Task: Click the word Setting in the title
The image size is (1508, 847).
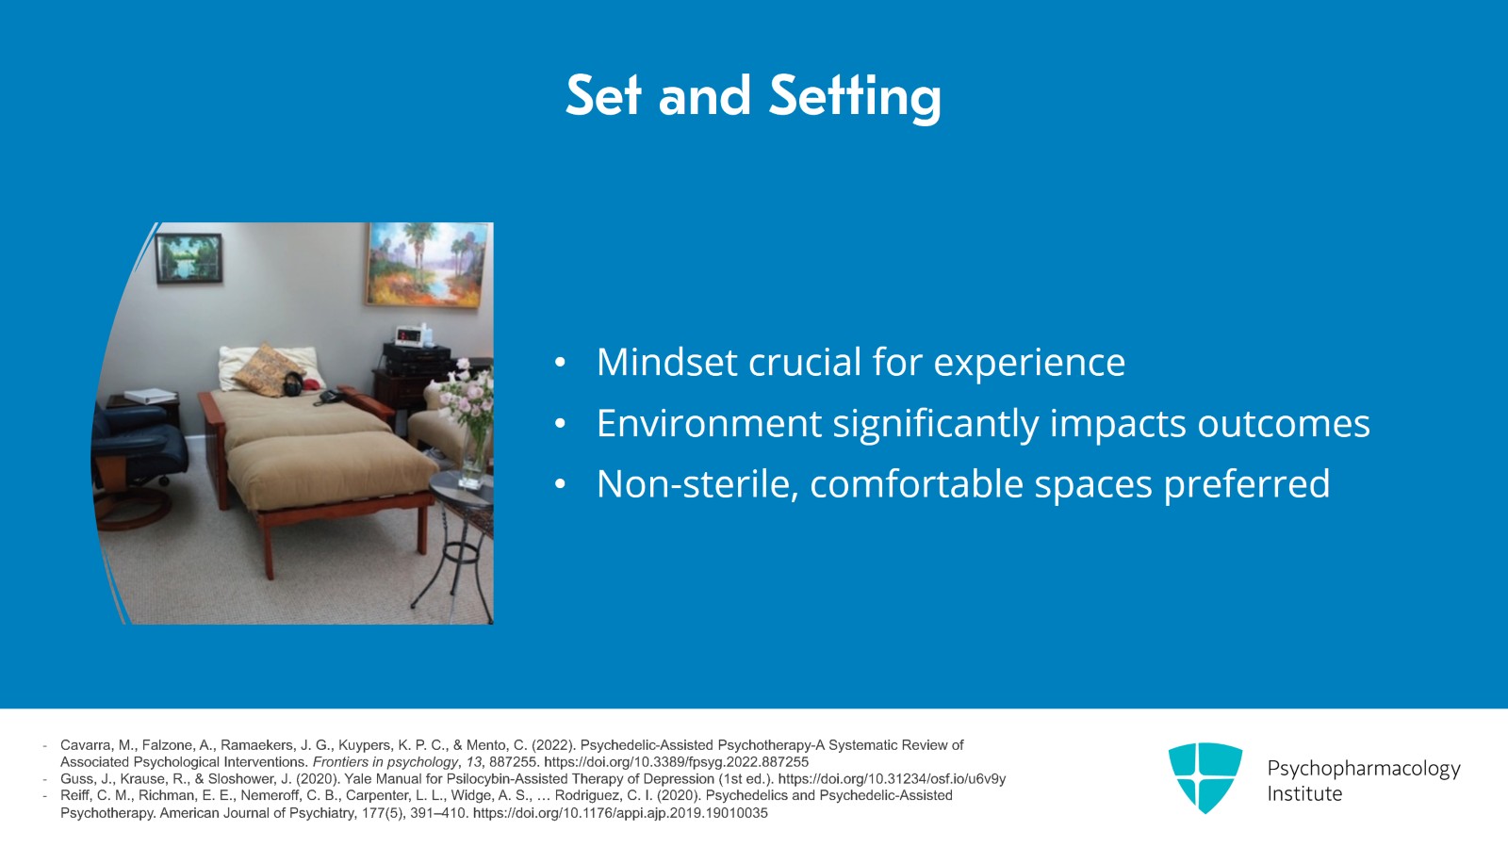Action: tap(855, 98)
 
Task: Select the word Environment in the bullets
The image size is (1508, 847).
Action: tap(709, 423)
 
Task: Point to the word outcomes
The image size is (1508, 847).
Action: tap(1283, 423)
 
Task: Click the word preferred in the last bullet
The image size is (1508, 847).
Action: tap(1247, 485)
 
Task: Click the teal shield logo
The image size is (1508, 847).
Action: tap(1205, 777)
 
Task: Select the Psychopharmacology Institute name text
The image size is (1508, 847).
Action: tap(1363, 780)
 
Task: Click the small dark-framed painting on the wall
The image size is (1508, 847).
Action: tap(188, 257)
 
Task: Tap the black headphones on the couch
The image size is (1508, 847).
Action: tap(293, 383)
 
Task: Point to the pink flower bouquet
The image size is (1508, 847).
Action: tap(467, 397)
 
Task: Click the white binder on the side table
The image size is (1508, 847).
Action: tap(150, 396)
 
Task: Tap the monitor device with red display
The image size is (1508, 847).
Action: tap(412, 334)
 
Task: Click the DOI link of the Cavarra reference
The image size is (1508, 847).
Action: tap(676, 762)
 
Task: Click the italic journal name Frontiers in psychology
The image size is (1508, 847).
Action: tap(385, 762)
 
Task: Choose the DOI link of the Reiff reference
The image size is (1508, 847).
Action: tap(620, 813)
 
